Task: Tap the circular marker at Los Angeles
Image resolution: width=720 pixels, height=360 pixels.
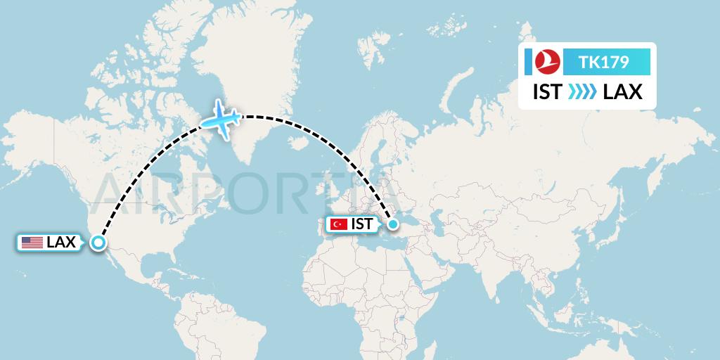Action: (x=98, y=243)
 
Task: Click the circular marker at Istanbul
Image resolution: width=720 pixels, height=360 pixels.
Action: (x=393, y=224)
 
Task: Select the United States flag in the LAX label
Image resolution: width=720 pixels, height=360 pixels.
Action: (x=32, y=243)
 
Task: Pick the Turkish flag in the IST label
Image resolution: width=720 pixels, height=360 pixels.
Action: (x=339, y=224)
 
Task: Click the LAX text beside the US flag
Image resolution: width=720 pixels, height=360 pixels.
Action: (x=61, y=243)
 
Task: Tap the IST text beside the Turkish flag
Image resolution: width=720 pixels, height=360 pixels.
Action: (x=361, y=224)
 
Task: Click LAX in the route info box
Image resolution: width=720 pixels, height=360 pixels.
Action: (x=622, y=92)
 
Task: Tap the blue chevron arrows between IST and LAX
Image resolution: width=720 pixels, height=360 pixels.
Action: (x=582, y=92)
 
